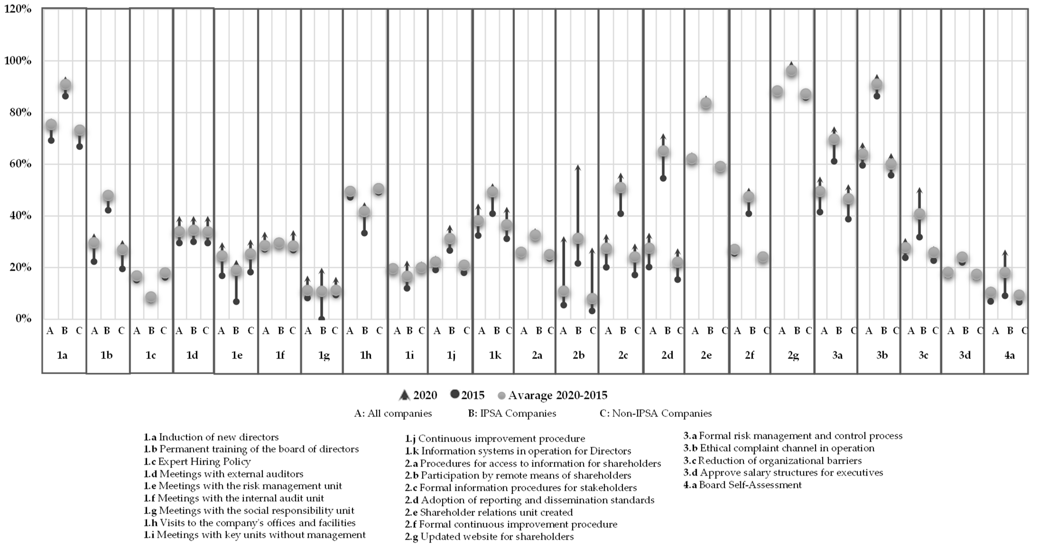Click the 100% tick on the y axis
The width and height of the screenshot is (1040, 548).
tap(18, 61)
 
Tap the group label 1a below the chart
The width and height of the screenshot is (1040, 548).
tap(62, 355)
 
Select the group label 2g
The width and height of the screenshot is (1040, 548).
tap(793, 355)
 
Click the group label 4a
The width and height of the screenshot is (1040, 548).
tap(1009, 355)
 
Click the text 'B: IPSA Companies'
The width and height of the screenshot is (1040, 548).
tap(511, 413)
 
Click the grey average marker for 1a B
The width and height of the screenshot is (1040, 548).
tap(65, 85)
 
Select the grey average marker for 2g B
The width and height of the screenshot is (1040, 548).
tap(792, 71)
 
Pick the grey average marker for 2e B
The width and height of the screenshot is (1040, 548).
tap(706, 103)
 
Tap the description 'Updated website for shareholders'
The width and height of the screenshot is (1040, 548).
tap(489, 537)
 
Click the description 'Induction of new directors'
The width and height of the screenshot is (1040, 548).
tap(211, 437)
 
